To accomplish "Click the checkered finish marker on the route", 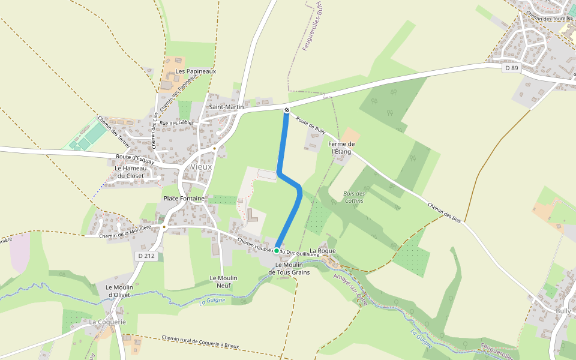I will click(287, 110).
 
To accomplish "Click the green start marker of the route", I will click(277, 250).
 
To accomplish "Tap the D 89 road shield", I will click(511, 68).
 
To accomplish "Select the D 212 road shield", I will click(146, 256).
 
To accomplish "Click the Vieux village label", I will click(201, 166).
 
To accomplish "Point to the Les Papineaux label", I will click(196, 71).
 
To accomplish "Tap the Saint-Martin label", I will click(226, 107).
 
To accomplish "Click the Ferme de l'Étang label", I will click(342, 148).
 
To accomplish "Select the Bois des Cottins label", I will click(354, 197).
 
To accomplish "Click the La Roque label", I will click(322, 250).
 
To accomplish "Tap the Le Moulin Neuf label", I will click(223, 281).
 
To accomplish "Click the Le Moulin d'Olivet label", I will click(119, 290).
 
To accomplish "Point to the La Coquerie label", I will click(108, 322).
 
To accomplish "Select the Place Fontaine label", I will click(184, 198).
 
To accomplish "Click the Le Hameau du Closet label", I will click(130, 172).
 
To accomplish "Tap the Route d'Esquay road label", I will click(135, 159).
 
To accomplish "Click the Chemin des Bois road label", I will click(444, 214).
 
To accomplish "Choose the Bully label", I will click(563, 311).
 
